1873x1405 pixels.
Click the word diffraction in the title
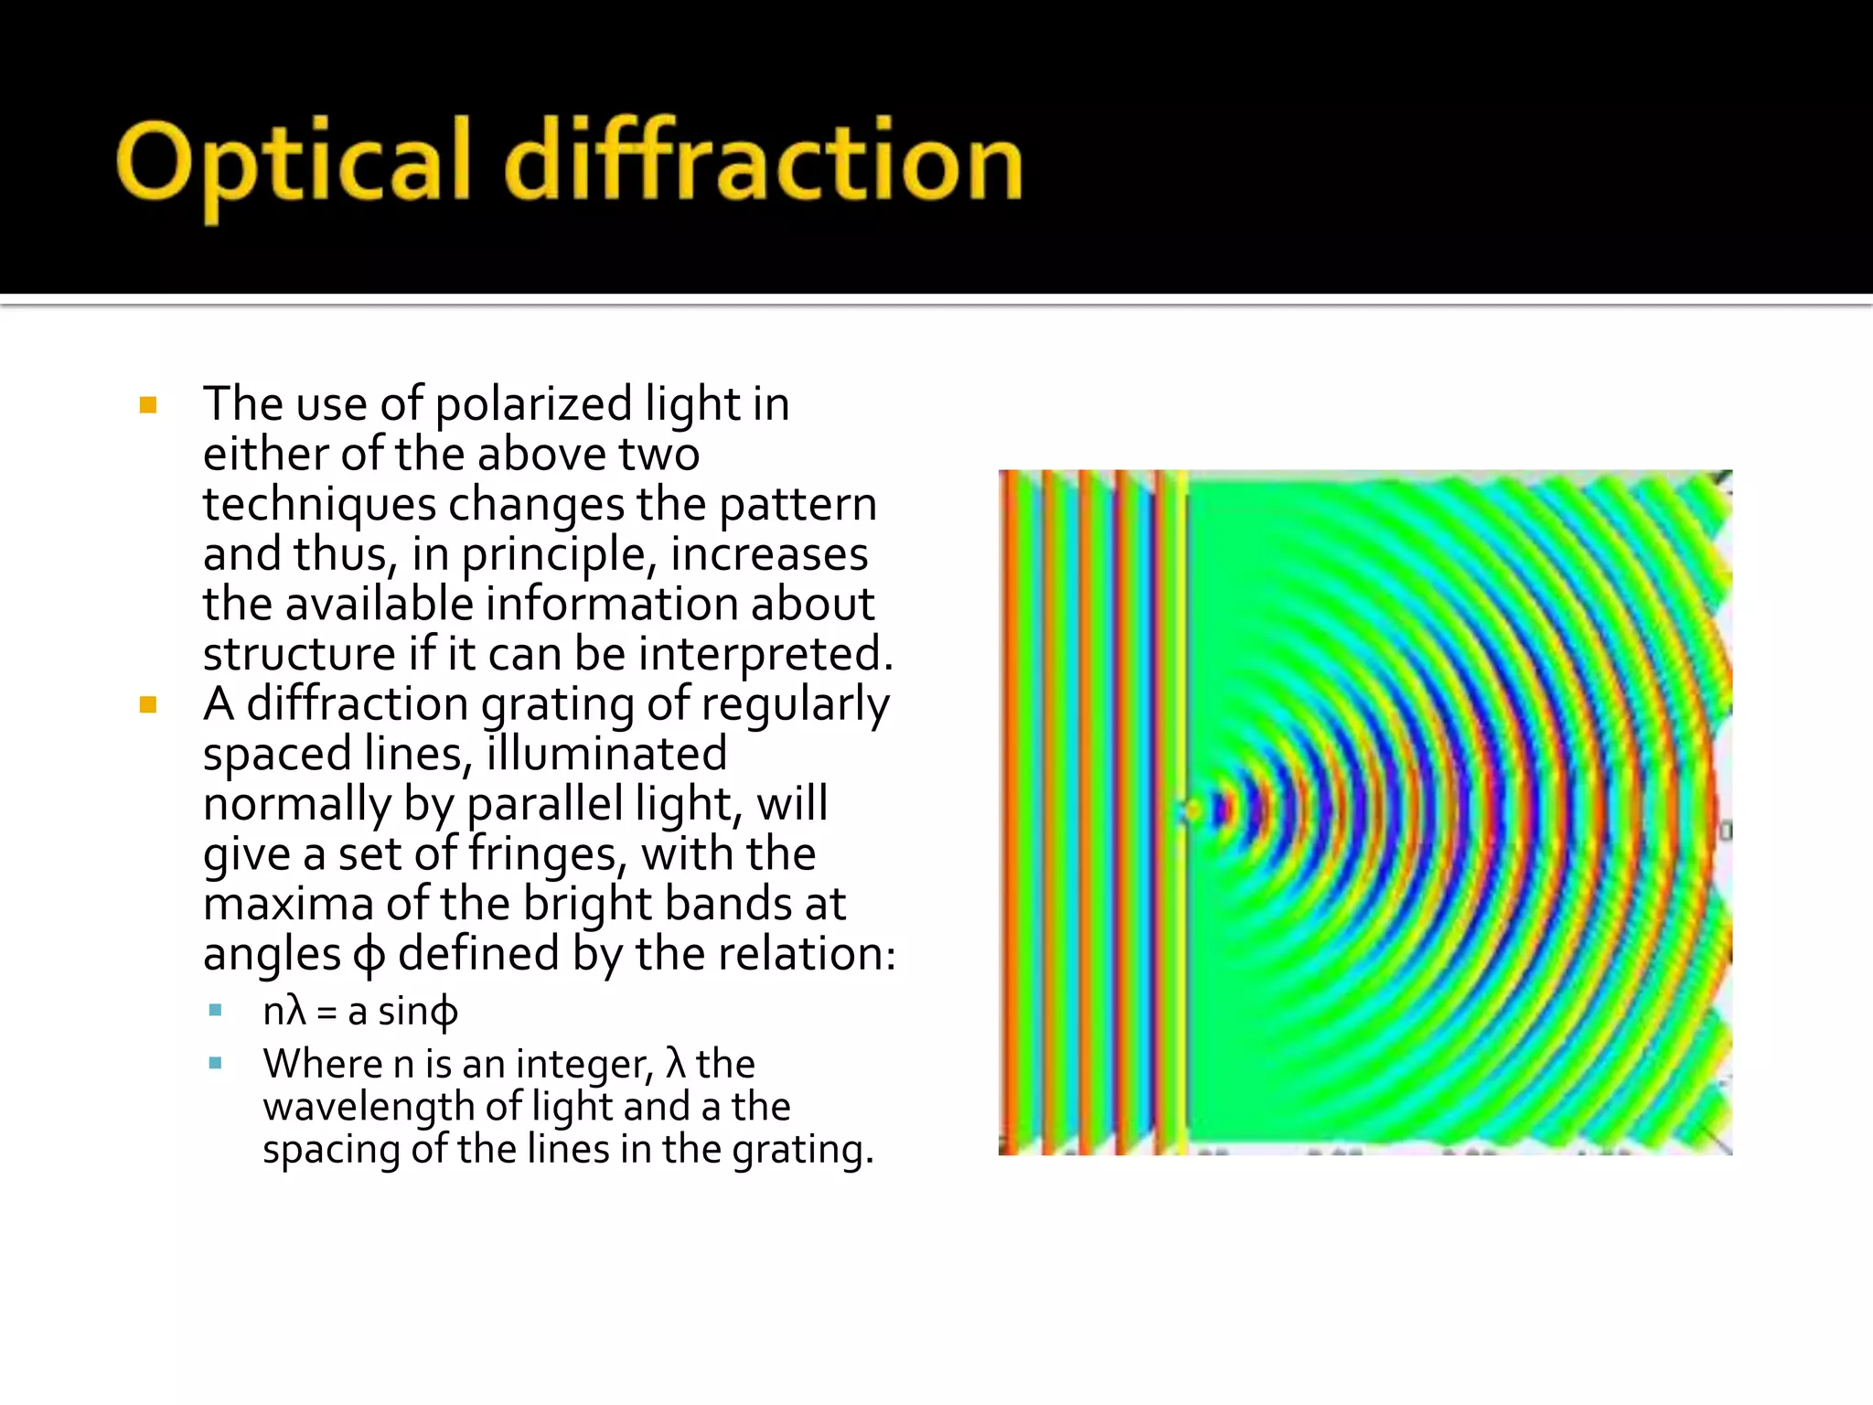pyautogui.click(x=764, y=163)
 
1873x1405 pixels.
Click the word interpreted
pyautogui.click(x=765, y=655)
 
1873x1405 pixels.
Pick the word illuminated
pyautogui.click(x=606, y=755)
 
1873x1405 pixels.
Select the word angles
pyautogui.click(x=272, y=955)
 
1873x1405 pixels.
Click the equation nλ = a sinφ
pyautogui.click(x=360, y=1012)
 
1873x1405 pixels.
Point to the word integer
pyautogui.click(x=584, y=1065)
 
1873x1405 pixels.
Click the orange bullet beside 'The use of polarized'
pyautogui.click(x=148, y=405)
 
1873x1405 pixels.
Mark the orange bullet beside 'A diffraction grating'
pyautogui.click(x=148, y=705)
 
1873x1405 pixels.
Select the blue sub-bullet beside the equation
pyautogui.click(x=216, y=1011)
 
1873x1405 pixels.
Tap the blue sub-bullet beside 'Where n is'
pyautogui.click(x=216, y=1063)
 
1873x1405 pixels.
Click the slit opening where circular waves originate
pyautogui.click(x=1190, y=811)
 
